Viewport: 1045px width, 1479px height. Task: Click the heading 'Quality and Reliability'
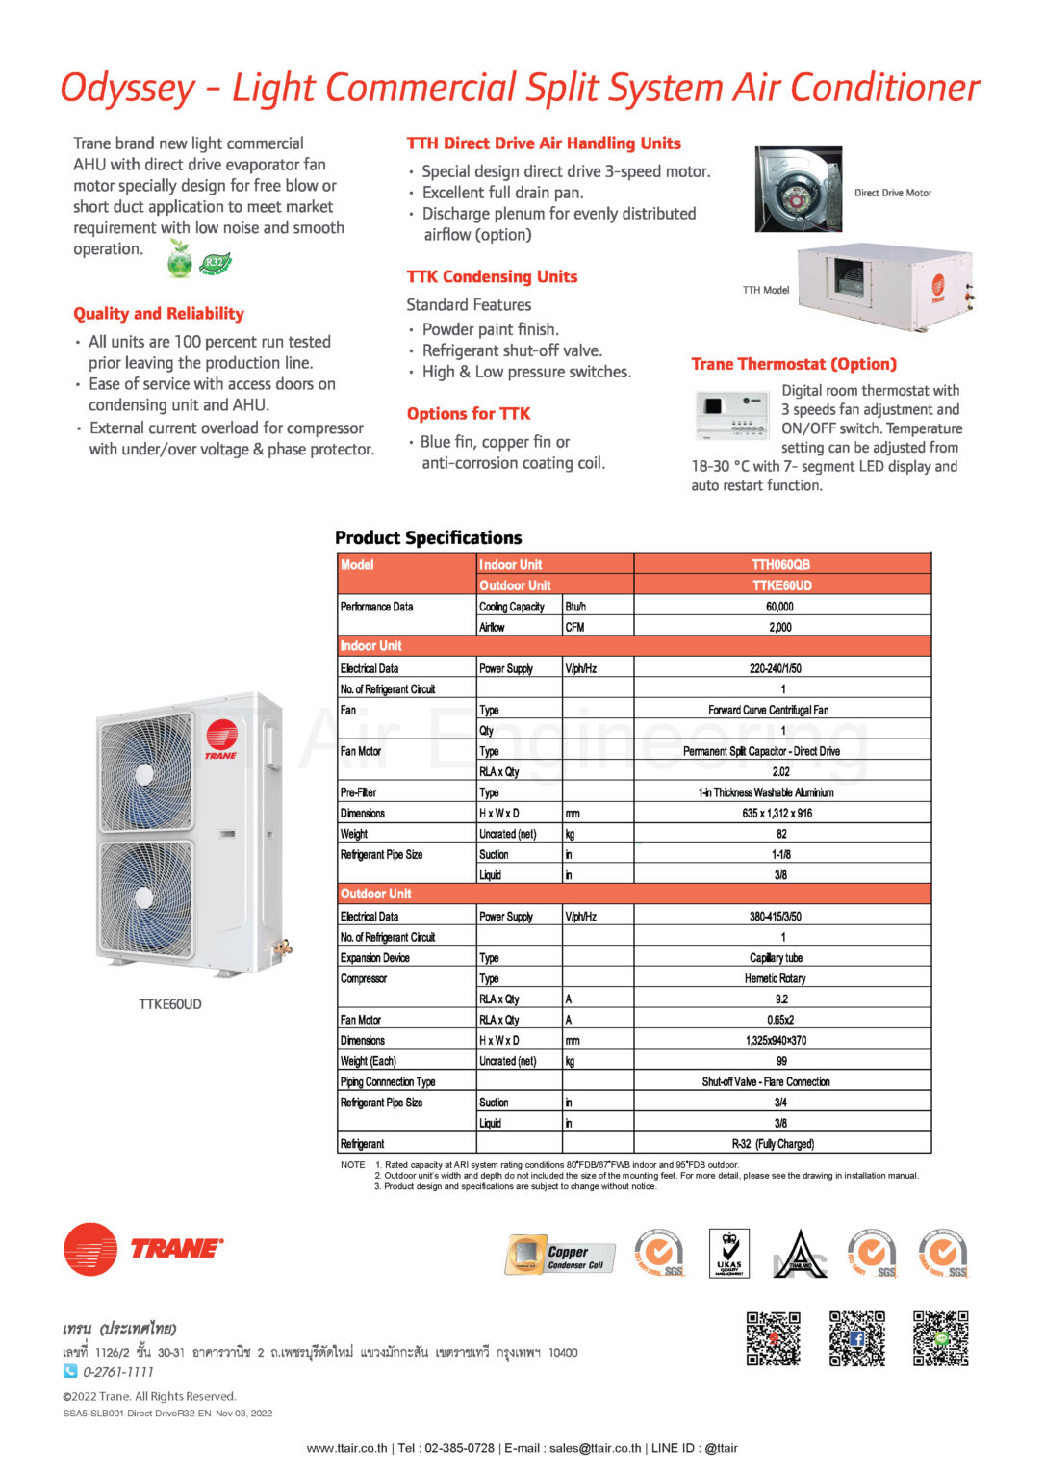click(159, 314)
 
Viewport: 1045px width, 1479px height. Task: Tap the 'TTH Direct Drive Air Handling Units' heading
click(544, 143)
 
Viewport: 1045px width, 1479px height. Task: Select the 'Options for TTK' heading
click(469, 414)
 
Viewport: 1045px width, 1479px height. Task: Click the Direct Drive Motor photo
click(798, 189)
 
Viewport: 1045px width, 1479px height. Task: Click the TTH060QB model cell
click(781, 564)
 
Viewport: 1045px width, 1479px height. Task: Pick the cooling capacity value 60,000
click(780, 607)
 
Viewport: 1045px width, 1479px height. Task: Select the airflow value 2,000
click(780, 627)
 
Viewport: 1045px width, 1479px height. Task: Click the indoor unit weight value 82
click(781, 834)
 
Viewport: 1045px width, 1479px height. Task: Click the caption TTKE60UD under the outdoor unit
click(170, 1004)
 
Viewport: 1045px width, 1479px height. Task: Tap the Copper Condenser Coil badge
click(560, 1254)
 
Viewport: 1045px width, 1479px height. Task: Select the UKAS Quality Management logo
click(729, 1254)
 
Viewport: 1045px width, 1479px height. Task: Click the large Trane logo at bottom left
click(143, 1249)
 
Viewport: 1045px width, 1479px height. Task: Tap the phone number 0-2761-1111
click(117, 1372)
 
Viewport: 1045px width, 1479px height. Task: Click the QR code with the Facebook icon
click(857, 1338)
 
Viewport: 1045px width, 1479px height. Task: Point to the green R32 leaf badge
click(215, 262)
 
